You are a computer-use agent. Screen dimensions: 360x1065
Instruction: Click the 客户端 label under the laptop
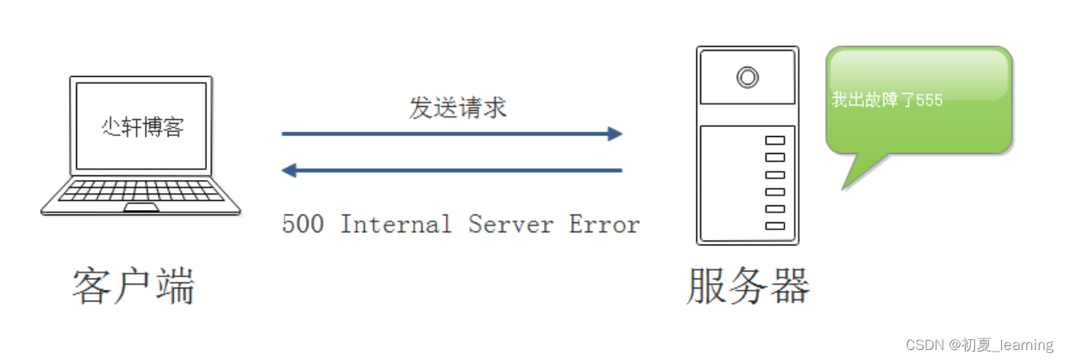(134, 286)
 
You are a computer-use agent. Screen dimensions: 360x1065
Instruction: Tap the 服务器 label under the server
(748, 286)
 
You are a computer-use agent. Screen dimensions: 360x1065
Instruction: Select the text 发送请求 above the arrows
(458, 108)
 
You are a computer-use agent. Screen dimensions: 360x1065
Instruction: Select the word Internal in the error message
(396, 224)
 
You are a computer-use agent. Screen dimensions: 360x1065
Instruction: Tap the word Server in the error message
(511, 224)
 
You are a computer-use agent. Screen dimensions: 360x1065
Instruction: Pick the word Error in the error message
(604, 224)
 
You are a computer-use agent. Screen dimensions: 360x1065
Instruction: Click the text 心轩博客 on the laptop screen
(143, 126)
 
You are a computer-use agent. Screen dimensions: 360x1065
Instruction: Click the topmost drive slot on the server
(775, 140)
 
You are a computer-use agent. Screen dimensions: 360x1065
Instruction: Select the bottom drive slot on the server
(775, 226)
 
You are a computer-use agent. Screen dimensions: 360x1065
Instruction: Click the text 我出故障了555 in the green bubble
(886, 100)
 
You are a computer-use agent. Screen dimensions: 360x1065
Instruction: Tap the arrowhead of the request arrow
(614, 134)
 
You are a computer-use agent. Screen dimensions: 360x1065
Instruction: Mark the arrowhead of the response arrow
(289, 170)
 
